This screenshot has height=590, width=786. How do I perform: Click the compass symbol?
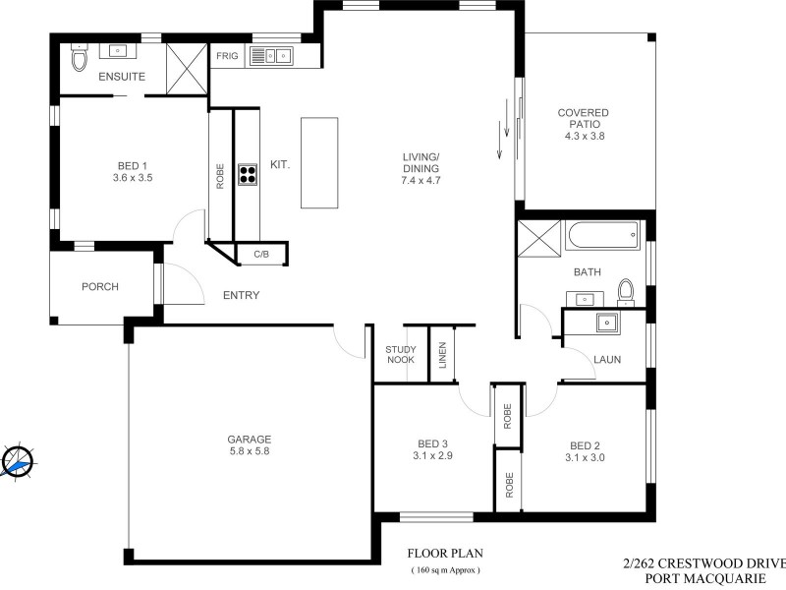[x=18, y=461]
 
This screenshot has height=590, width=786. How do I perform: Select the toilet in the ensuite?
[x=80, y=60]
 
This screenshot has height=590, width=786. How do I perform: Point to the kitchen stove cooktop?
[x=247, y=177]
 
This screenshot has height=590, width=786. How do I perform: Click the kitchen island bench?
[x=318, y=162]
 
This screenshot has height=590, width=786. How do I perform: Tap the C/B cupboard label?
[x=261, y=255]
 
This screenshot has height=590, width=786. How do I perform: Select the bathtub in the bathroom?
[x=601, y=235]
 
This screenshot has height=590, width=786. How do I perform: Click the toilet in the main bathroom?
[x=625, y=290]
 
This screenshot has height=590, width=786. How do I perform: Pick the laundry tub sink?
[x=606, y=322]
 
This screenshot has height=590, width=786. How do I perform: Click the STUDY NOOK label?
[x=400, y=354]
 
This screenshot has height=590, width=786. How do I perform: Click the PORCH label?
[x=100, y=287]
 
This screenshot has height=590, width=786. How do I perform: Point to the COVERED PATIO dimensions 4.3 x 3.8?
[x=583, y=137]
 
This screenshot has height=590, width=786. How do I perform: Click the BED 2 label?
[x=583, y=443]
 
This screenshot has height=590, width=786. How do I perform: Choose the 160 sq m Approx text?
[x=445, y=570]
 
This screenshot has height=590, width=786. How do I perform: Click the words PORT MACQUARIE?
[x=703, y=579]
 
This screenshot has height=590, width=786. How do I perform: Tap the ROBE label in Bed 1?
[x=220, y=176]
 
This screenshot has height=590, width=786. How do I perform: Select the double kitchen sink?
[x=272, y=55]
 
